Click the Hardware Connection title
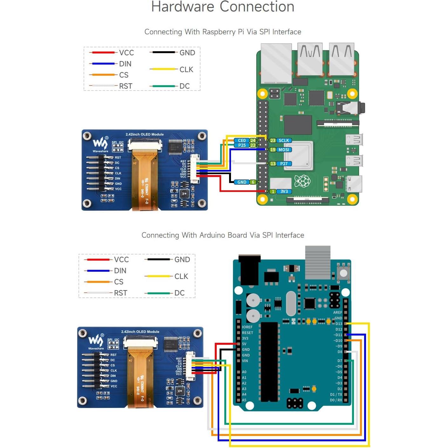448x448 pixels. (x=223, y=7)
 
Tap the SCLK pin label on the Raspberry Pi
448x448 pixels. (x=284, y=140)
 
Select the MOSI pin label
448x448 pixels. (x=284, y=150)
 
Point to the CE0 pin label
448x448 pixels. (x=242, y=140)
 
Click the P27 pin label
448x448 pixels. (x=284, y=164)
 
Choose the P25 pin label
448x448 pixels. (x=242, y=145)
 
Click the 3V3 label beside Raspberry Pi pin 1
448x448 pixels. (x=284, y=192)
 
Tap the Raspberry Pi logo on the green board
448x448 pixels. (x=302, y=181)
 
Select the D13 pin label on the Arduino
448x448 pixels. (x=339, y=324)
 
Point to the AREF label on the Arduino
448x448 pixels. (x=337, y=312)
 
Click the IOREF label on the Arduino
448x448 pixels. (x=247, y=327)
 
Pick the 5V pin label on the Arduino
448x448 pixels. (x=244, y=344)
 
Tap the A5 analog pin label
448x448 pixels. (x=244, y=400)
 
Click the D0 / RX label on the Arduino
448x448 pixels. (x=336, y=400)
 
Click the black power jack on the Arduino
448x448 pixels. (x=249, y=268)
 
